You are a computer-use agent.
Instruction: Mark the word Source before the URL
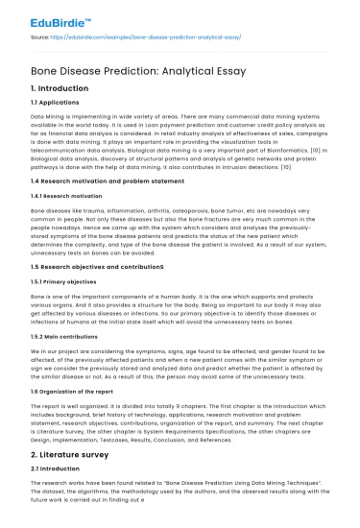(40, 39)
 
